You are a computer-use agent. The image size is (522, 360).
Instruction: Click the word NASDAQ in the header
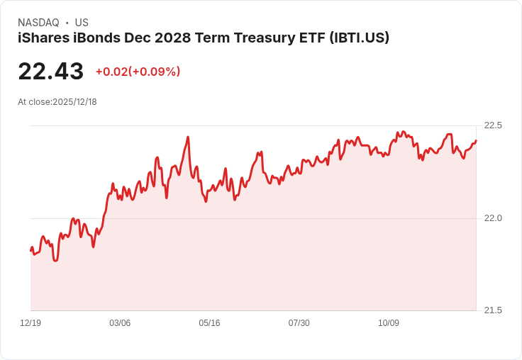(x=38, y=23)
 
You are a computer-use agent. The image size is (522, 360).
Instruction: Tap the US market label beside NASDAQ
(x=82, y=23)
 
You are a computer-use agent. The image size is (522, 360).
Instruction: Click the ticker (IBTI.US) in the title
(x=359, y=38)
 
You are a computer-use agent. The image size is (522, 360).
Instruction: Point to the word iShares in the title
(x=41, y=38)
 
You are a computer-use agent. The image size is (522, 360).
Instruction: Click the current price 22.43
(x=51, y=71)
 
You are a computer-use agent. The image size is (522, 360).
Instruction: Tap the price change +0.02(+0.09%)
(x=138, y=72)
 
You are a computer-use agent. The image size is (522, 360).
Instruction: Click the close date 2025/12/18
(x=74, y=102)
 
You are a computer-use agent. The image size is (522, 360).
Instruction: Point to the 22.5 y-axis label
(x=493, y=125)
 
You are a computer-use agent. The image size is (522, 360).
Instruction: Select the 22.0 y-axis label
(x=493, y=218)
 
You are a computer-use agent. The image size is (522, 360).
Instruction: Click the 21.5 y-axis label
(x=493, y=310)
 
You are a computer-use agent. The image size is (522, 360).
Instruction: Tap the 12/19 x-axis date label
(x=30, y=323)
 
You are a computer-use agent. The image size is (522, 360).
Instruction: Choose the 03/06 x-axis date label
(x=120, y=323)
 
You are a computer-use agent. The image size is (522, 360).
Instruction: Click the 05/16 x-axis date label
(x=209, y=323)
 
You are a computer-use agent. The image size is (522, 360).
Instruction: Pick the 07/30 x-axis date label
(x=299, y=323)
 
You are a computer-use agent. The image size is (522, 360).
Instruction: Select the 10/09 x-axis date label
(x=389, y=323)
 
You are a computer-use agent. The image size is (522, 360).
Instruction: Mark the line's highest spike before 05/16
(x=187, y=137)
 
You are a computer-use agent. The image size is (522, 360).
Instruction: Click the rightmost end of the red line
(x=476, y=140)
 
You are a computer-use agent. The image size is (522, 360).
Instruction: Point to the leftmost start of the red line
(x=31, y=250)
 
